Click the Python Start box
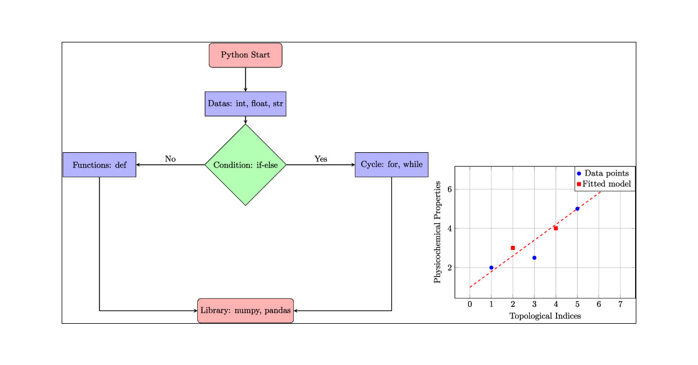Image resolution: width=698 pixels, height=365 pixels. pos(245,55)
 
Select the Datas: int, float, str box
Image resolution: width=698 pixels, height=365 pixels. pos(245,104)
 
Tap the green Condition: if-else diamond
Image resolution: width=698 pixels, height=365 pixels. pos(245,165)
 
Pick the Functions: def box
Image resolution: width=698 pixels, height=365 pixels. pos(99,165)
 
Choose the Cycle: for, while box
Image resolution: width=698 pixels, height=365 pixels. pos(391,165)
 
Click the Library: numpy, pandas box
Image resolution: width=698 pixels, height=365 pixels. pos(245,310)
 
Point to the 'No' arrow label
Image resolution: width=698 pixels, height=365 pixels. pos(170,159)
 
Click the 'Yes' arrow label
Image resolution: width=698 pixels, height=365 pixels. pos(321,159)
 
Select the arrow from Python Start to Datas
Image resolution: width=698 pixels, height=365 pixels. pos(245,80)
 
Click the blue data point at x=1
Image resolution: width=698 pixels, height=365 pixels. pos(492,267)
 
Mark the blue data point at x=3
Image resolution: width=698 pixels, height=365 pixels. pos(534,257)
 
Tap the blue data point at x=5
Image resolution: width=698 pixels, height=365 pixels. pos(577,209)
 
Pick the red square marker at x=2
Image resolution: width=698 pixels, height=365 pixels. pos(512,248)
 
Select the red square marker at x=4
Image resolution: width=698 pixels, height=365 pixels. pos(555,228)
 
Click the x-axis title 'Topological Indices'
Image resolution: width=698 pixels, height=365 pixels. pos(545,316)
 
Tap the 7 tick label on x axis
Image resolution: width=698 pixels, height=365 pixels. pos(620,305)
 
